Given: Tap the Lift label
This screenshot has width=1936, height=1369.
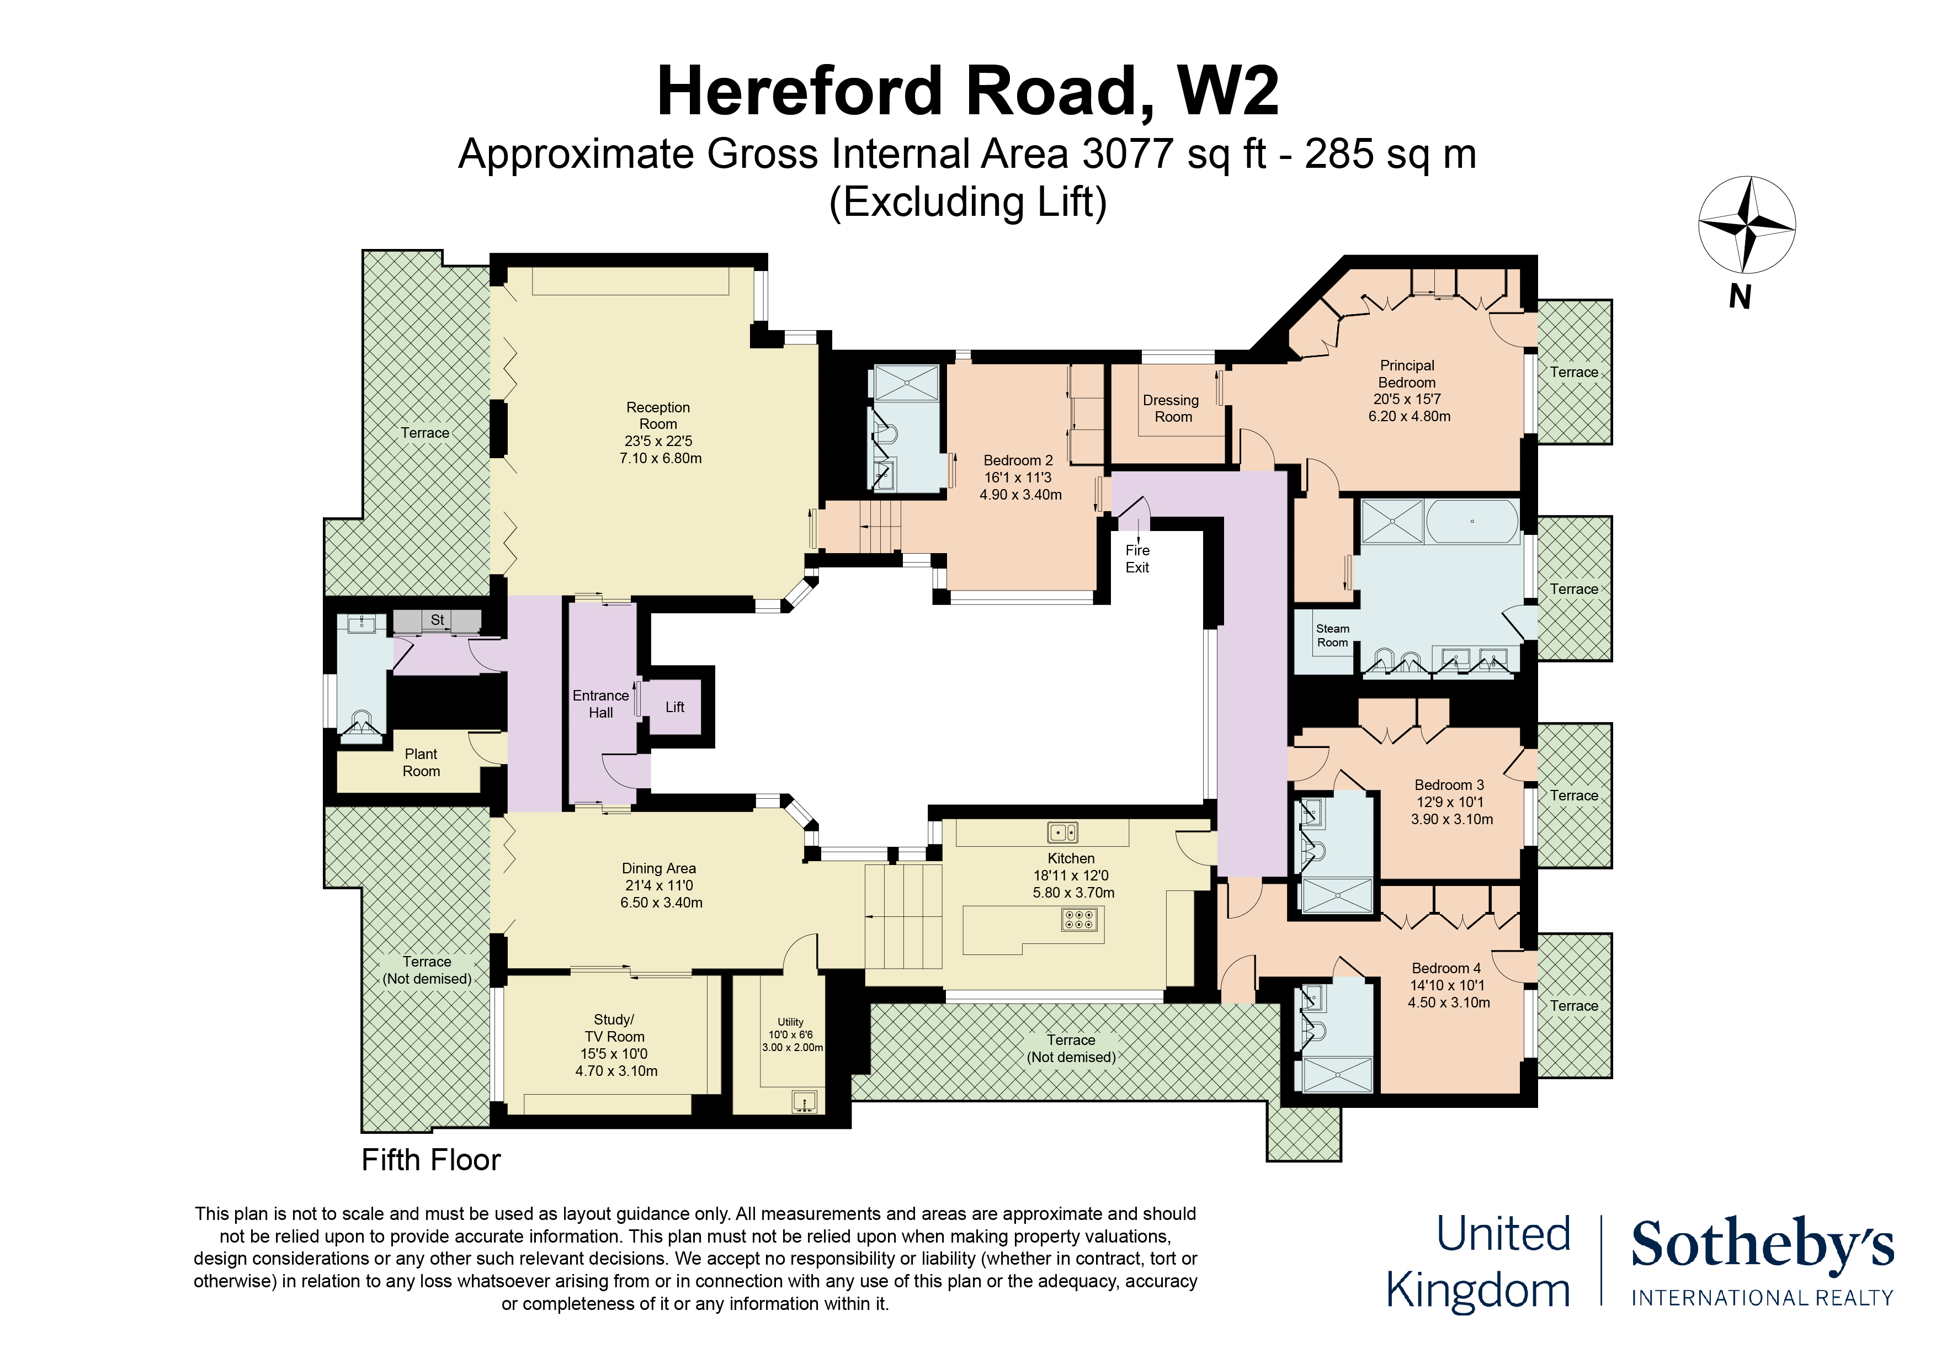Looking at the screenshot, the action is click(674, 707).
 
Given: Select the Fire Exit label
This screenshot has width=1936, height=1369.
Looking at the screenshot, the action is click(1137, 559).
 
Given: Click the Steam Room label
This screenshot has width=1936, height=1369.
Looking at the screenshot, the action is click(1332, 635).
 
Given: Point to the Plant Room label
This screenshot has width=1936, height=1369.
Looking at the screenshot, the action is click(421, 762).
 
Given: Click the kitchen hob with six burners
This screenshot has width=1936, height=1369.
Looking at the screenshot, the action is click(1080, 919).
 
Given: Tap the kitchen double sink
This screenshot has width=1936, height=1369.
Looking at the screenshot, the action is click(1062, 832).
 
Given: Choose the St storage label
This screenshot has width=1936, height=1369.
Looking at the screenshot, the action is click(437, 620).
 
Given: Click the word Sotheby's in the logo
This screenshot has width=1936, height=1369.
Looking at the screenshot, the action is click(1762, 1243).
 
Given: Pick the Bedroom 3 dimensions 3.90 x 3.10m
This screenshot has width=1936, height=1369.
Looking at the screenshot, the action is click(1452, 819).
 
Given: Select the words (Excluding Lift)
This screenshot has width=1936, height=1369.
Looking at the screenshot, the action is click(968, 203).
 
